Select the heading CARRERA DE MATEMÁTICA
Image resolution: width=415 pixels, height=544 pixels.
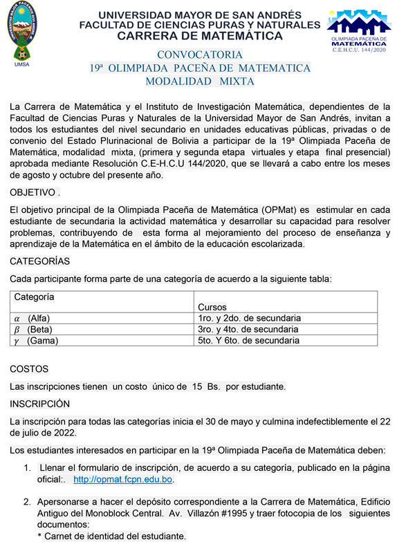(x=200, y=36)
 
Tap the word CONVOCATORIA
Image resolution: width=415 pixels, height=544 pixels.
(x=200, y=55)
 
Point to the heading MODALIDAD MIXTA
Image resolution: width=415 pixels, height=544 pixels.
(x=200, y=82)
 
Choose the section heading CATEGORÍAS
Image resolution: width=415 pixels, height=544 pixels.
(x=40, y=261)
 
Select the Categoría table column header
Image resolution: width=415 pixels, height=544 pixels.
(x=35, y=297)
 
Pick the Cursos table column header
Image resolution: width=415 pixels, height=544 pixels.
(x=212, y=307)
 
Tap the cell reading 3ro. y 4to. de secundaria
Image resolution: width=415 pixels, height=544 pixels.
(x=248, y=330)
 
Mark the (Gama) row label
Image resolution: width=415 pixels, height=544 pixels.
(x=43, y=341)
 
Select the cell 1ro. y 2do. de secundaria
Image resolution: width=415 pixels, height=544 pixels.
(x=248, y=319)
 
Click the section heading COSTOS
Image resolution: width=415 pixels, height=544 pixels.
(x=29, y=369)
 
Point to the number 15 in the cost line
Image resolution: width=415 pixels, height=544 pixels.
(x=198, y=386)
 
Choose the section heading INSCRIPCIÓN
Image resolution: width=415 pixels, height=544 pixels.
(x=40, y=403)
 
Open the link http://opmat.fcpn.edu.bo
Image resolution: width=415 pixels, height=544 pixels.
(x=123, y=479)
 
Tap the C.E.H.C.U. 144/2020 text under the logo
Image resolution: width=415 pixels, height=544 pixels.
(x=359, y=50)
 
